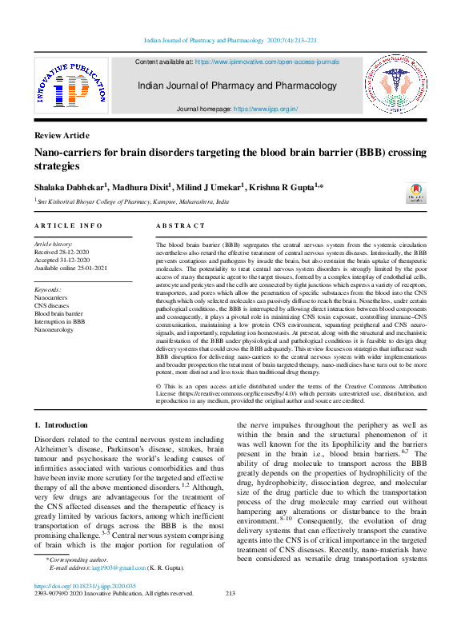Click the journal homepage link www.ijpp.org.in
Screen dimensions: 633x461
(265, 108)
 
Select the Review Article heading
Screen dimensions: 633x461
(62, 135)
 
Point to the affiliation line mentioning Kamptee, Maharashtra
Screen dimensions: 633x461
(133, 203)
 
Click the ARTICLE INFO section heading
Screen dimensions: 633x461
(68, 226)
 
